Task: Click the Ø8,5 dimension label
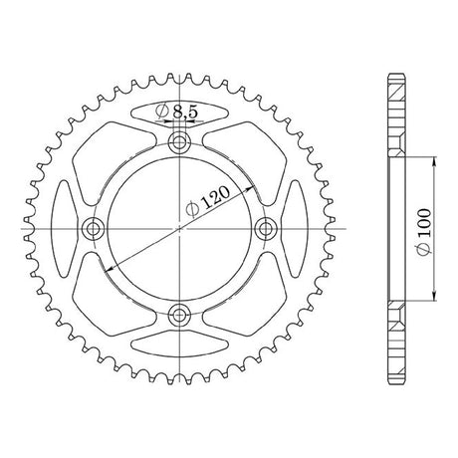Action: [176, 112]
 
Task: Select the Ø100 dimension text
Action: [424, 232]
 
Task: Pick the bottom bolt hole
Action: [179, 314]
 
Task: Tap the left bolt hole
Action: [93, 229]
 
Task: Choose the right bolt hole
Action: [266, 229]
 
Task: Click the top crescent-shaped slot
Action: [179, 113]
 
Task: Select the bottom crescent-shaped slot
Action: [179, 344]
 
